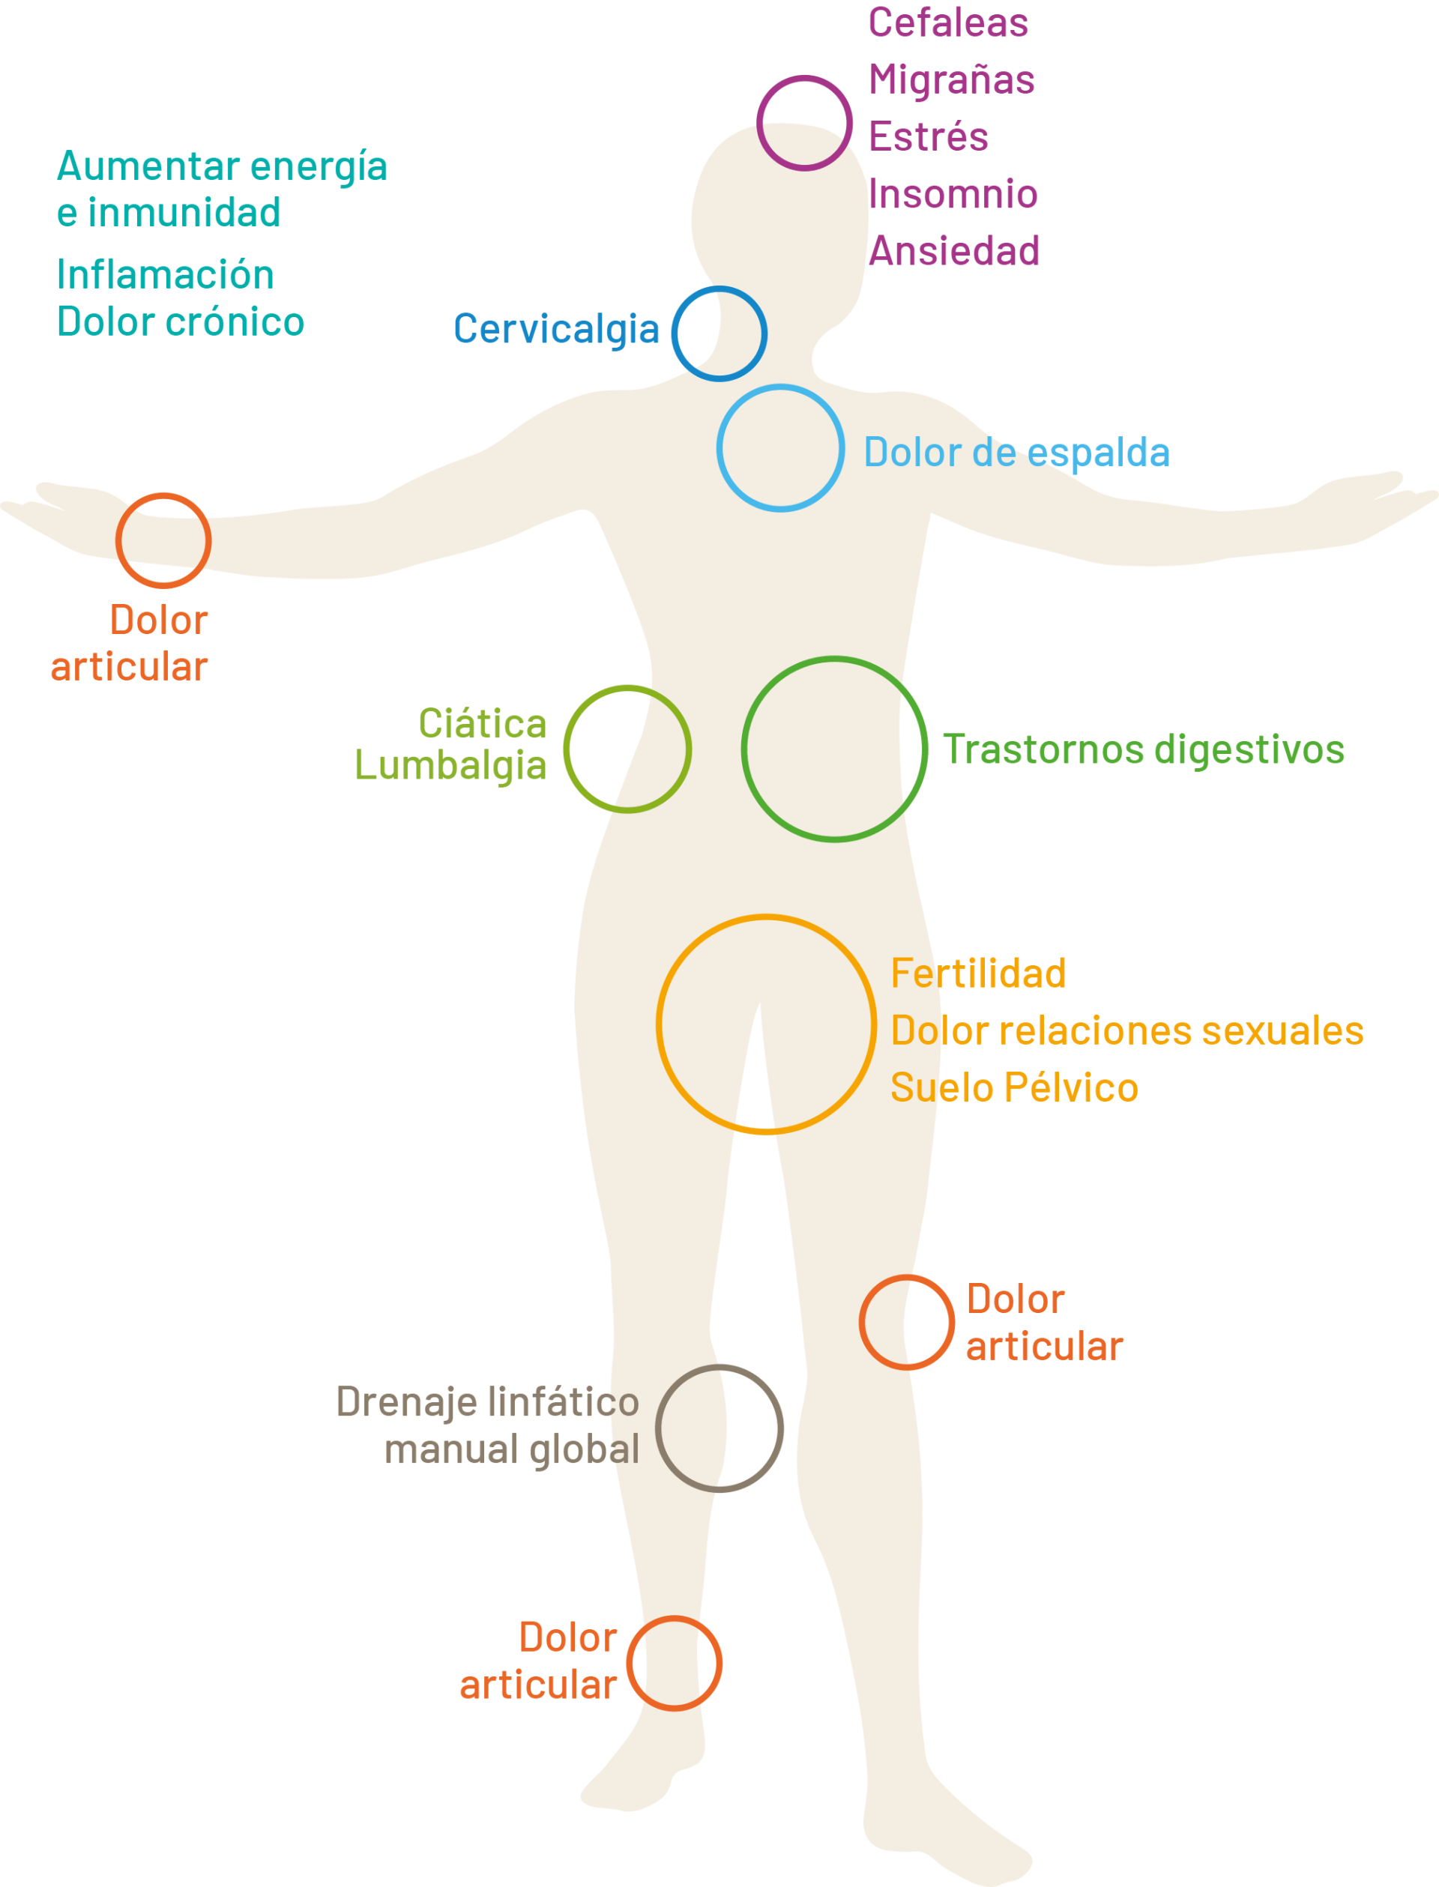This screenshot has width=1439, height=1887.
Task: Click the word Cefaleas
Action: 948,23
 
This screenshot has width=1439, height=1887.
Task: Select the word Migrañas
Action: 952,80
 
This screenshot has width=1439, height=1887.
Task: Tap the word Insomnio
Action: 953,194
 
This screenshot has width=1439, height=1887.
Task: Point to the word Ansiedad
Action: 954,251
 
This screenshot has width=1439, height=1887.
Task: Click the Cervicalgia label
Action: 556,330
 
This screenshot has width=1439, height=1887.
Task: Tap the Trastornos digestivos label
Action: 1144,749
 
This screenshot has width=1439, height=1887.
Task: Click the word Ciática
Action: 482,725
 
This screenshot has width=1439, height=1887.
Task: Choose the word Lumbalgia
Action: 450,766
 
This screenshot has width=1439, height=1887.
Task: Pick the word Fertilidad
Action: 978,974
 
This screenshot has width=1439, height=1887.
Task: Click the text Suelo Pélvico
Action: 1014,1088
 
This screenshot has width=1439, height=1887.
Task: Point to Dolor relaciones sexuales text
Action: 1126,1031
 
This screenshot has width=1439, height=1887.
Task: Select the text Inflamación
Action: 166,275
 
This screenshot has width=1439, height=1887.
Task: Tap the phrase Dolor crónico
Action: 180,322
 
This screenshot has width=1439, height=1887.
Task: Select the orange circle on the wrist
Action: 163,540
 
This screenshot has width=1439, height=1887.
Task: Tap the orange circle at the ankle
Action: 674,1664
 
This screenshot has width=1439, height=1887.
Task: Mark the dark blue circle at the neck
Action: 719,333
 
